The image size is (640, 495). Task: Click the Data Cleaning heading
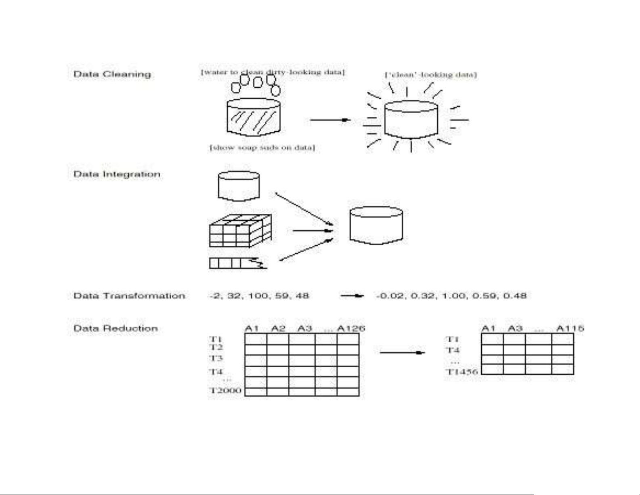112,74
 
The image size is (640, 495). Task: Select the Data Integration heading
117,174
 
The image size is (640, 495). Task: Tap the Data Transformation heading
129,296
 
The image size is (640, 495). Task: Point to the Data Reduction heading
115,328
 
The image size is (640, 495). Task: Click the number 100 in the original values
258,296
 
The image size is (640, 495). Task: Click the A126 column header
351,328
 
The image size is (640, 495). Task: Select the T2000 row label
225,390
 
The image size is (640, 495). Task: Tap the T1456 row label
462,371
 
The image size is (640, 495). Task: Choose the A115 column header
570,328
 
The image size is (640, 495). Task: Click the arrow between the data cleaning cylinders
329,120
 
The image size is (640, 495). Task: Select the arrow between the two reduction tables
402,353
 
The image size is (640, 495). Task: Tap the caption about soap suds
262,147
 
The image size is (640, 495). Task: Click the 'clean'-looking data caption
431,75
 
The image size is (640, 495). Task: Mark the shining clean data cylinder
411,120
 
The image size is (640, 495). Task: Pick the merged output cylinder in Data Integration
376,225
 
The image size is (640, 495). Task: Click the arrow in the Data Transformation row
352,296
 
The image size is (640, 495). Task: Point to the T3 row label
216,358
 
